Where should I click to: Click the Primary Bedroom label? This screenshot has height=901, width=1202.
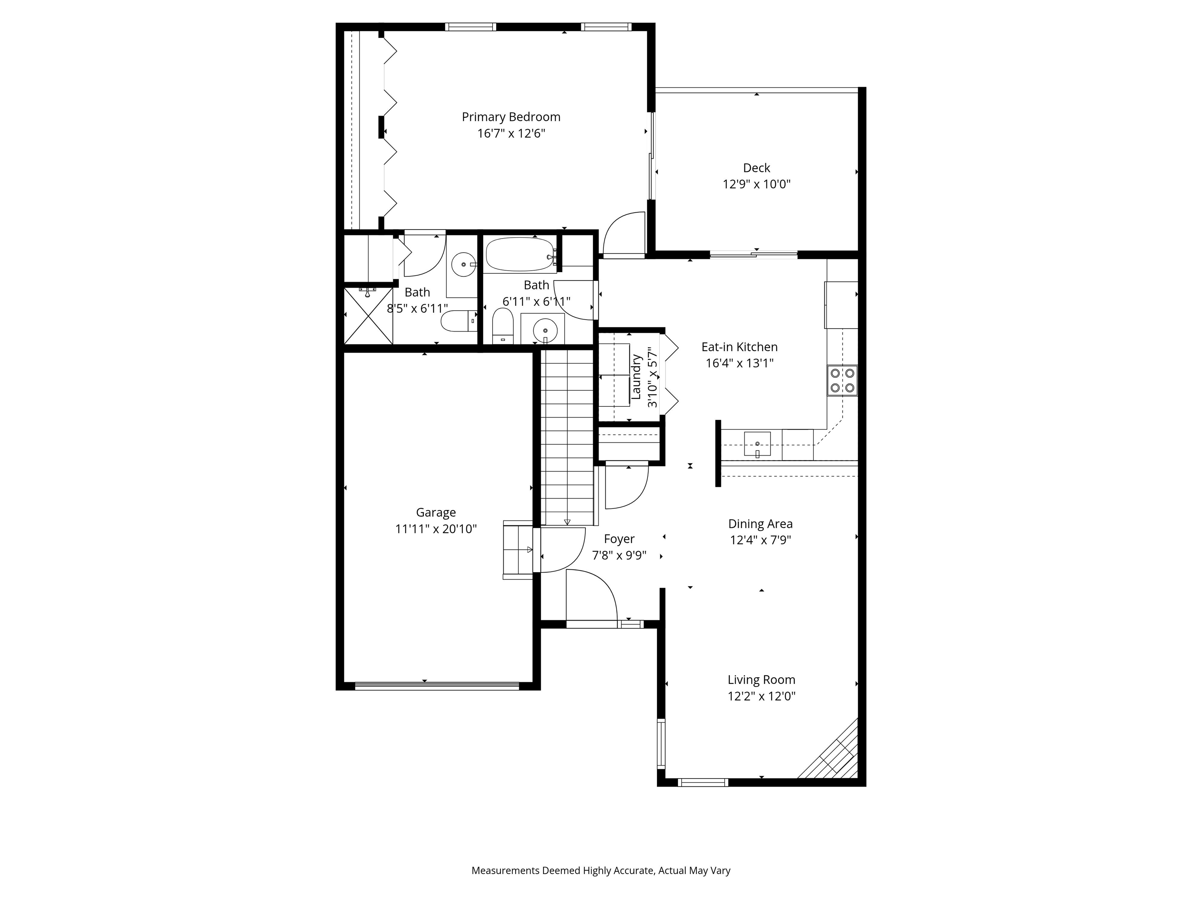point(511,117)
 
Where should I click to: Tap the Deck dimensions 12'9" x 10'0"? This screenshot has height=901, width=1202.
point(756,184)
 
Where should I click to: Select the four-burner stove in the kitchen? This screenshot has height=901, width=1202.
point(842,380)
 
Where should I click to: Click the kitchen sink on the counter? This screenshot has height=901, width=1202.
point(757,444)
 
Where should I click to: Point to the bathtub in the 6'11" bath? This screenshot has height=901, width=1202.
point(520,254)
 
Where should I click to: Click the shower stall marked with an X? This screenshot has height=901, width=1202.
point(368,316)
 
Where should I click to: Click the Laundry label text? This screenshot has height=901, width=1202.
point(636,376)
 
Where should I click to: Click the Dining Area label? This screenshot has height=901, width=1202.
point(760,524)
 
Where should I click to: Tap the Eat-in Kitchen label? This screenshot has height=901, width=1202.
point(739,346)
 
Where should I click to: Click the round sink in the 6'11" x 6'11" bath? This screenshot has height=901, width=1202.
point(545,330)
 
